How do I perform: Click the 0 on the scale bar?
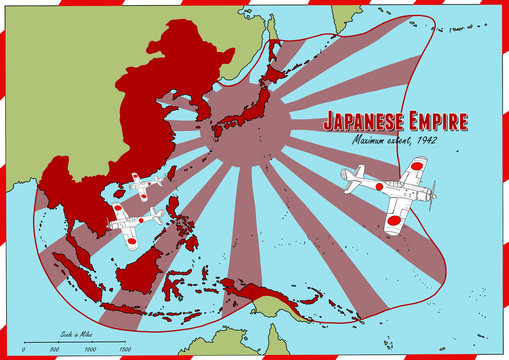24,349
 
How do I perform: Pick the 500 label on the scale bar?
55,349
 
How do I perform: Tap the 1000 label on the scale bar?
90,349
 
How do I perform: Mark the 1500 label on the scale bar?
125,349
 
